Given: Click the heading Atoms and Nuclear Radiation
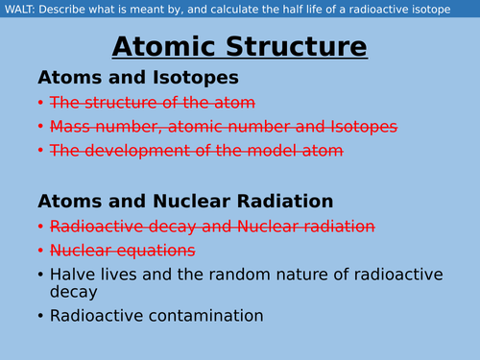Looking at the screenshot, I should pos(185,201).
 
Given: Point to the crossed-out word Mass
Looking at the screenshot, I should pos(70,126).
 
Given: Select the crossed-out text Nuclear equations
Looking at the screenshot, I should pos(122,251).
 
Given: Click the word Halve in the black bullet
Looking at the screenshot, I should pos(74,275).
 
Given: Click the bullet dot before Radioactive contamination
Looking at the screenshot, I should pos(40,316).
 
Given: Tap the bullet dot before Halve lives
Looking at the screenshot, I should pos(40,276).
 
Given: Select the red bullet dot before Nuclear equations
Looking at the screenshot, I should pos(40,251).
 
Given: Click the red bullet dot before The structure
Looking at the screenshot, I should pos(40,102).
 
